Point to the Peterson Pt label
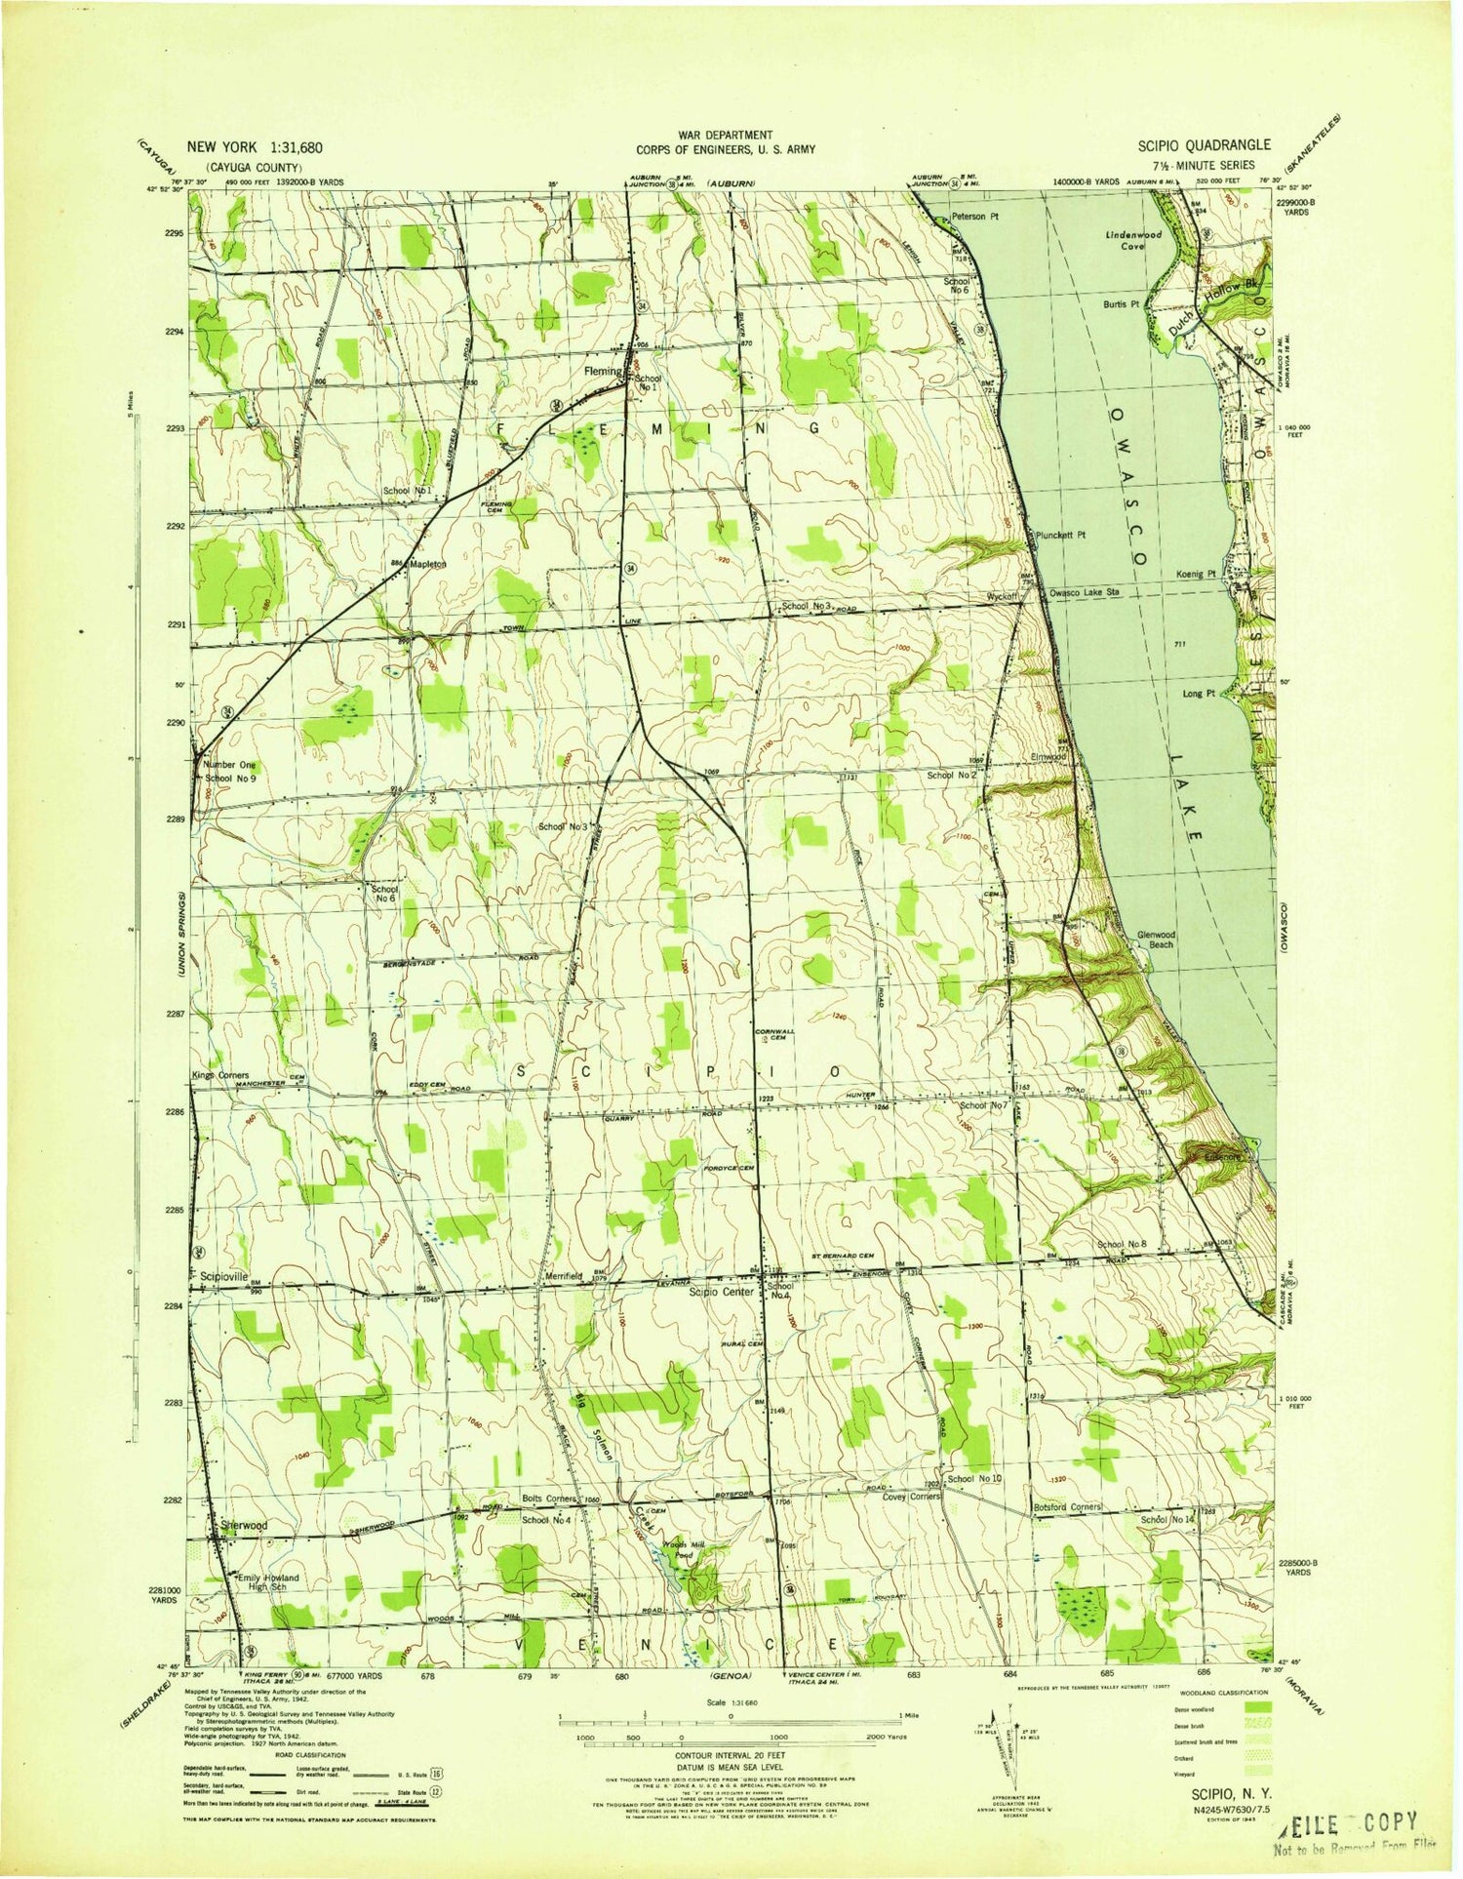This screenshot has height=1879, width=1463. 976,213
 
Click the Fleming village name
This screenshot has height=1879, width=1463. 602,371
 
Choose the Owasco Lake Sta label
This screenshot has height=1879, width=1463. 1083,592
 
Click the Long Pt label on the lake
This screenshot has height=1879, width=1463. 1197,694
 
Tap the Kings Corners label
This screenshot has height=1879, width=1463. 220,1074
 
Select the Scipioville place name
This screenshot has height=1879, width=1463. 226,1275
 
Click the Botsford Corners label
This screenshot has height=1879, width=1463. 1067,1506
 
